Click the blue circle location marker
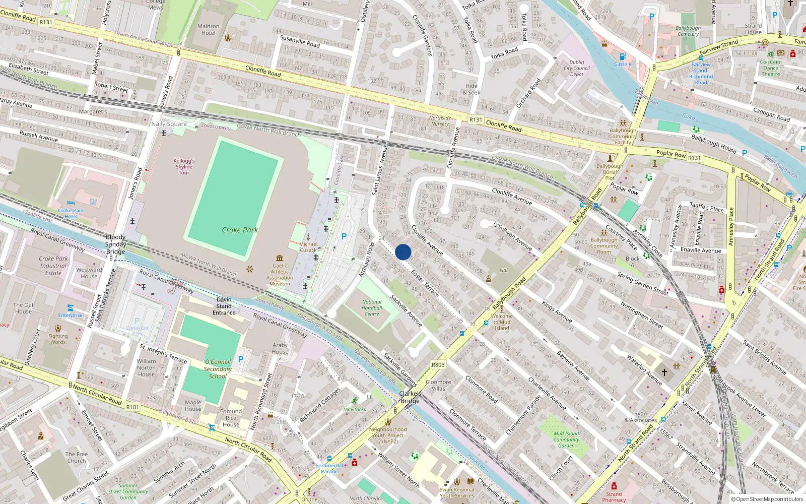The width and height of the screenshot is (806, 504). [403, 252]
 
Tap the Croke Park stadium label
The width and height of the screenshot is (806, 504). [240, 230]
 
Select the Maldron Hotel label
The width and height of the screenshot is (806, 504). [208, 30]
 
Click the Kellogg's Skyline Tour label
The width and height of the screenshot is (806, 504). [184, 167]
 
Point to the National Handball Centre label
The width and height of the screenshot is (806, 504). [372, 308]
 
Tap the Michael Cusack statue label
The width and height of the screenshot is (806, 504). [308, 247]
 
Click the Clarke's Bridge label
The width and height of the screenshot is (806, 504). [410, 397]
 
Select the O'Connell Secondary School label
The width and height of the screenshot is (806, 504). [218, 369]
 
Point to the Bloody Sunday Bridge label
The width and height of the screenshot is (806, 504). [115, 244]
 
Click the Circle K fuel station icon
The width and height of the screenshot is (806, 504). [623, 56]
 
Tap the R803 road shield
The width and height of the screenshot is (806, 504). [438, 364]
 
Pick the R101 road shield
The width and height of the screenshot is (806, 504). [132, 407]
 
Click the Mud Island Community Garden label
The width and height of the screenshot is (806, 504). [566, 439]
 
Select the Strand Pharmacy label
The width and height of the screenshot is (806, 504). [614, 497]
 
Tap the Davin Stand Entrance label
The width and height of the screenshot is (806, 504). [224, 306]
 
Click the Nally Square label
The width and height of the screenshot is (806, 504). [169, 124]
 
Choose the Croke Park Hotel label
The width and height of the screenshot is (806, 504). [71, 214]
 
